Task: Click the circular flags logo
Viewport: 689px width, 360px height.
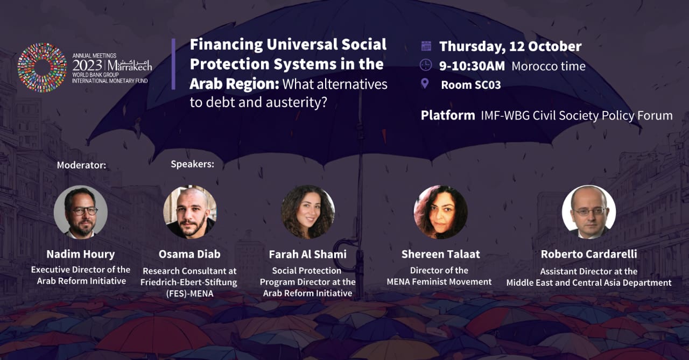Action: [42, 68]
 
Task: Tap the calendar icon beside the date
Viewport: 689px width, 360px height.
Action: [426, 46]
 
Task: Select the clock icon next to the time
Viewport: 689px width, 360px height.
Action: [426, 65]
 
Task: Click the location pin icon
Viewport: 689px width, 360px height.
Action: [425, 83]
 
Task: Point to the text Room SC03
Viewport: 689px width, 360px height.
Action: [471, 85]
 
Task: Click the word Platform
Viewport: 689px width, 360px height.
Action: [448, 116]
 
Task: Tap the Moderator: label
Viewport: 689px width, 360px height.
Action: [81, 165]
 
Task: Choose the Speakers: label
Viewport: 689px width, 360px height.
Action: [193, 164]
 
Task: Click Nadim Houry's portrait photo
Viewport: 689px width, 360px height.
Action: [81, 212]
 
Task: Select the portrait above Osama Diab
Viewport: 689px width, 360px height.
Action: [190, 212]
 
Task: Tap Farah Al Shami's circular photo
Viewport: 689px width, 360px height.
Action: [308, 212]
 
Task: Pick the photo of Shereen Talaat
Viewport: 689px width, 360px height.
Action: [440, 212]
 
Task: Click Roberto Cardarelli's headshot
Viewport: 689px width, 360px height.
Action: [589, 212]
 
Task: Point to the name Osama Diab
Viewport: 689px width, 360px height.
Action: [189, 254]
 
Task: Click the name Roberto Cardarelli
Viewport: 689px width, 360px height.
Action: [589, 254]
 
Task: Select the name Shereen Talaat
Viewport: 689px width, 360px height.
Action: [440, 254]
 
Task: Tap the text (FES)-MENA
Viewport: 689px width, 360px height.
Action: [189, 294]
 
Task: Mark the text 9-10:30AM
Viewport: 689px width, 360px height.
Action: [472, 66]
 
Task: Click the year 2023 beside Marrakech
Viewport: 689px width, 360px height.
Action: [87, 66]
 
